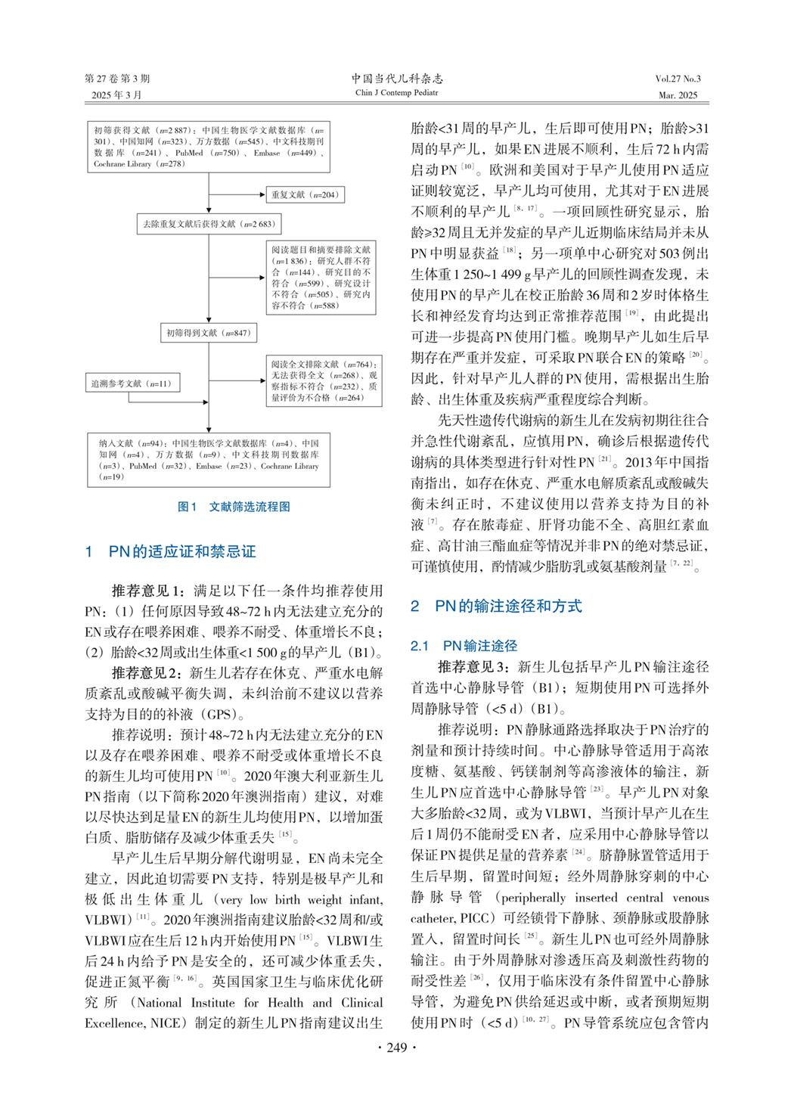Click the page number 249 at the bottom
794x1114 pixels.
396,1047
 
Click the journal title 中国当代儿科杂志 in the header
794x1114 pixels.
396,79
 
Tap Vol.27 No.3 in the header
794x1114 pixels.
678,79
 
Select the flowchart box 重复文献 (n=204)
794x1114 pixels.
305,194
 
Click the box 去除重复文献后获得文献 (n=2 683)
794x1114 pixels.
209,224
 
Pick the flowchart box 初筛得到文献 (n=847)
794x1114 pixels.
208,333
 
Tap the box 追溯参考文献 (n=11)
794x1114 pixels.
132,383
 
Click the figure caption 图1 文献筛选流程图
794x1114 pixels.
234,507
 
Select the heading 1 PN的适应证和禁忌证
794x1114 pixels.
171,552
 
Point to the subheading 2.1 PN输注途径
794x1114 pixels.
464,646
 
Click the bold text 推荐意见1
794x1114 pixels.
147,591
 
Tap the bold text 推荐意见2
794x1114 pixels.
147,673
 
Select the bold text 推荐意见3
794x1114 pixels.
474,667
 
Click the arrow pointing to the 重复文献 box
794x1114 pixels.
237,194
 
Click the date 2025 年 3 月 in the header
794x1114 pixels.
116,95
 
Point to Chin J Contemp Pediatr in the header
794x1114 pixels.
396,93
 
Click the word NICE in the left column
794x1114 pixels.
165,1023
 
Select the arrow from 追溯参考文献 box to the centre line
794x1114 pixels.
194,383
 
